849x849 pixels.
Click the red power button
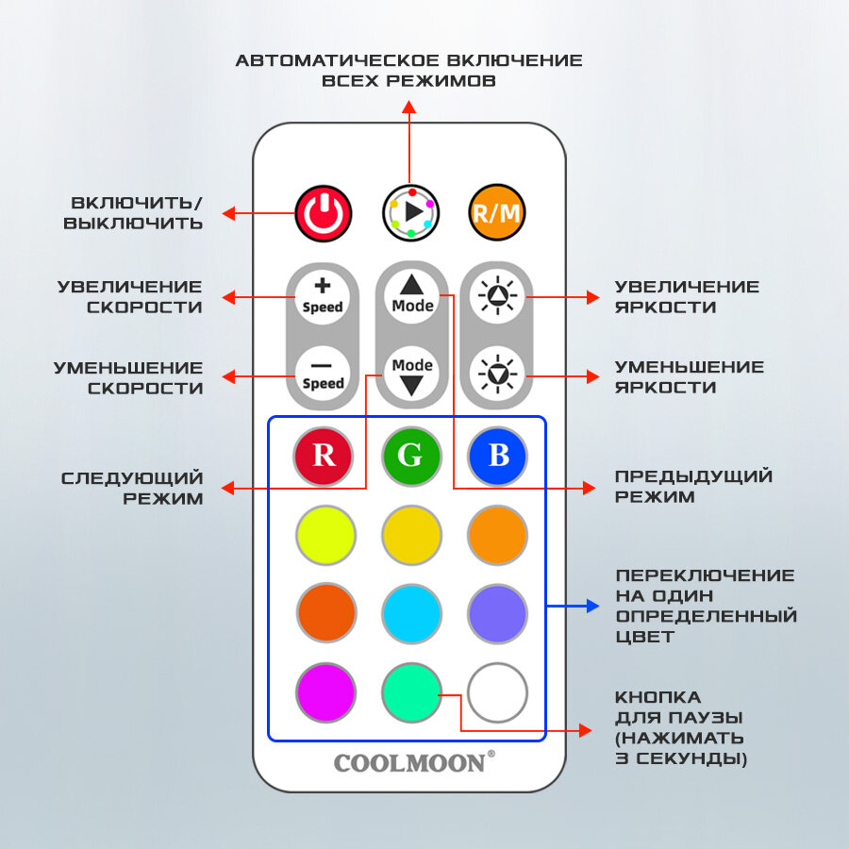(x=324, y=212)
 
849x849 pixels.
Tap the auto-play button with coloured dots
(x=410, y=212)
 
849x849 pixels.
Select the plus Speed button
(x=323, y=295)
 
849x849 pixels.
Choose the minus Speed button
(x=323, y=374)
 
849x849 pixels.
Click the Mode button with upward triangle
(x=412, y=295)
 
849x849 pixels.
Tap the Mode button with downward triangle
(x=412, y=374)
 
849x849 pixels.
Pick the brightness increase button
(x=497, y=296)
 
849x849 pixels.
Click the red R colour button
(x=323, y=456)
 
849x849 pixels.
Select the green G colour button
(x=411, y=456)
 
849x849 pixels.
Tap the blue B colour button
(x=498, y=456)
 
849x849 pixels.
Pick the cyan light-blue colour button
(x=411, y=613)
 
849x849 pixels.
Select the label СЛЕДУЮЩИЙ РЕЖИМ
(x=132, y=487)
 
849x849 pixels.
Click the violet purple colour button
(x=497, y=613)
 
